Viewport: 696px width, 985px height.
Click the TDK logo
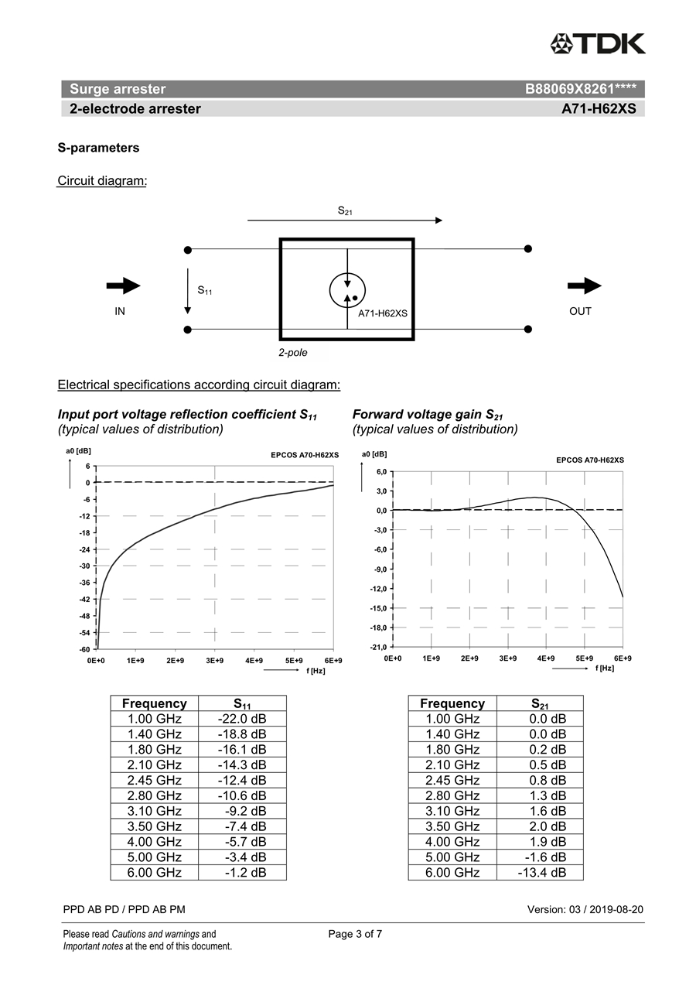[x=598, y=43]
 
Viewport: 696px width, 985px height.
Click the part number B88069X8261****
[x=580, y=89]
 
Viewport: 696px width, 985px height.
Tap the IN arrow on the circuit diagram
[x=123, y=286]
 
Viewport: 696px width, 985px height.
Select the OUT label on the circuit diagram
[x=580, y=311]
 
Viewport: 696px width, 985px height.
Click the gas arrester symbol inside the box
[x=347, y=289]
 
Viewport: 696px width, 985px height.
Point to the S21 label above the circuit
[x=345, y=210]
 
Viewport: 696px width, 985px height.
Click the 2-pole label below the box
[x=293, y=353]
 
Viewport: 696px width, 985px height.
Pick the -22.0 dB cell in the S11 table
[x=242, y=719]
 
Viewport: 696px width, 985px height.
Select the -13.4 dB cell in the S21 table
[x=541, y=872]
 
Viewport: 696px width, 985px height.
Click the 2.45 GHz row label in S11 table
[x=155, y=780]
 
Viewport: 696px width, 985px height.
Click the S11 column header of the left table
[x=242, y=703]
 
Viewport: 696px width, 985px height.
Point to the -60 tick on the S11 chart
[x=84, y=648]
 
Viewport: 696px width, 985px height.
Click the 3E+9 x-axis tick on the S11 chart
[x=214, y=661]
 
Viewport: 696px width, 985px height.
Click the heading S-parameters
[x=98, y=147]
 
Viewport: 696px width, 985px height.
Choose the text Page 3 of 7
[x=355, y=934]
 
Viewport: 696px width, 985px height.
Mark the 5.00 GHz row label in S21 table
[x=452, y=857]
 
